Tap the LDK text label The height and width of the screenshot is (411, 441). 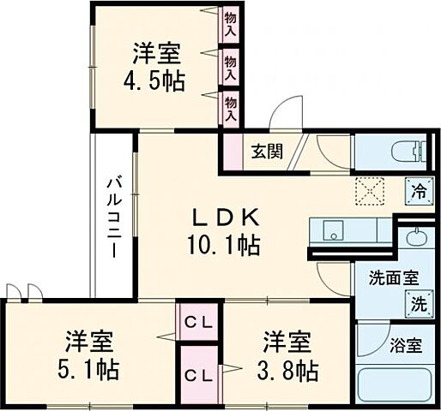click(225, 217)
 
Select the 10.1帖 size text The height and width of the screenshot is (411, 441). click(225, 246)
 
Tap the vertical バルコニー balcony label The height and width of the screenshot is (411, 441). click(112, 217)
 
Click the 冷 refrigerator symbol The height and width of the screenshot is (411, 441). click(419, 190)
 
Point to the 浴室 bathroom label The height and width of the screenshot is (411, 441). click(405, 347)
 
